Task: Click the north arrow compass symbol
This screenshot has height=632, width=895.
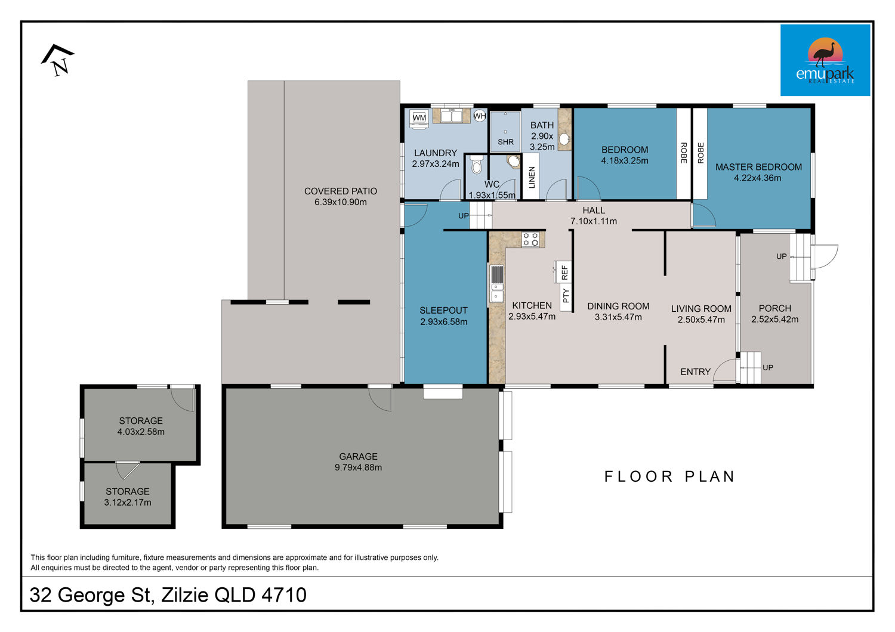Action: click(x=58, y=60)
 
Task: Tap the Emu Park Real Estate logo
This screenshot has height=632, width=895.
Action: click(x=825, y=60)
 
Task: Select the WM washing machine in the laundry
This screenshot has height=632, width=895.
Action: click(x=419, y=119)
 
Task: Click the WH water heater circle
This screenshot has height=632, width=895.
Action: click(x=480, y=116)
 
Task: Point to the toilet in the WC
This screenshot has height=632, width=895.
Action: click(x=476, y=164)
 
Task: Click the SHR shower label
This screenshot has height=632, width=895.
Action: click(x=505, y=142)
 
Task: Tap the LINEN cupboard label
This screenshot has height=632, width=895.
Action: click(x=532, y=177)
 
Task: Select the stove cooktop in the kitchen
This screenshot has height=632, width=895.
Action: click(x=530, y=240)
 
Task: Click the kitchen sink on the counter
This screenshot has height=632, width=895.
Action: click(x=497, y=283)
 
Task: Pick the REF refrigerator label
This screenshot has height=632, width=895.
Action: click(x=564, y=272)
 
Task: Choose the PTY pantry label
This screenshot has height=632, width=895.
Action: click(x=566, y=296)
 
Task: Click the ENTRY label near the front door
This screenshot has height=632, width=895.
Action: click(x=695, y=372)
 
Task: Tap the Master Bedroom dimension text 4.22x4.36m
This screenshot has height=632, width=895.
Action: click(x=757, y=178)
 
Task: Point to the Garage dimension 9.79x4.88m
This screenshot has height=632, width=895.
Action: click(x=358, y=467)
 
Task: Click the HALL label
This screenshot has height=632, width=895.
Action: click(x=593, y=210)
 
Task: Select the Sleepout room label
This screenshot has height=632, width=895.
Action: click(x=443, y=311)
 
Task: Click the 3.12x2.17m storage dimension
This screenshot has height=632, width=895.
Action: click(x=128, y=503)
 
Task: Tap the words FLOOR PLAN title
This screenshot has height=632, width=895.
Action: click(x=669, y=477)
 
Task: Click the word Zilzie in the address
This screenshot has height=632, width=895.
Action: click(x=184, y=595)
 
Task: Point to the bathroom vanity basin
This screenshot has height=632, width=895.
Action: click(x=564, y=139)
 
